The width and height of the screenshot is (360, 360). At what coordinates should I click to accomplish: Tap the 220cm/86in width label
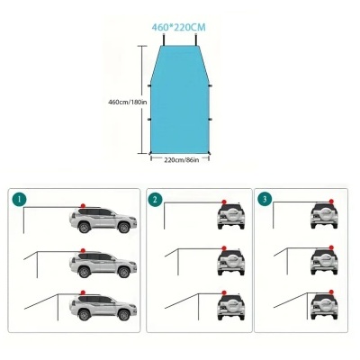(181, 160)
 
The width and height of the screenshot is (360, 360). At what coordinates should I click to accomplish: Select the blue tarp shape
(180, 99)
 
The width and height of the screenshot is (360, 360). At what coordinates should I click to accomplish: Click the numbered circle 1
(19, 198)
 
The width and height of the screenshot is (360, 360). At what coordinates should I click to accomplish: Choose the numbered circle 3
(263, 198)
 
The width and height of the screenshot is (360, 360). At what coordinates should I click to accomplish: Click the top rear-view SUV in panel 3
(323, 215)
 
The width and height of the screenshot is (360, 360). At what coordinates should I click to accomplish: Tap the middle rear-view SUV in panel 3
(323, 262)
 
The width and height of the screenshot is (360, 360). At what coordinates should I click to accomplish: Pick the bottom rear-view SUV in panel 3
(323, 309)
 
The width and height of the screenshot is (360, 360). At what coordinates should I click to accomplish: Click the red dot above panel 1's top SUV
(83, 204)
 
